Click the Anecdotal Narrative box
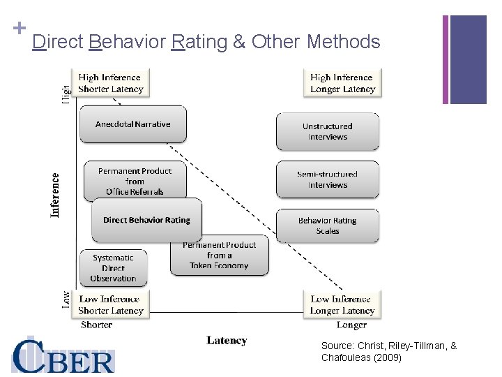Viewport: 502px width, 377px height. pos(133,124)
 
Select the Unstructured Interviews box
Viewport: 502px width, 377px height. pos(328,132)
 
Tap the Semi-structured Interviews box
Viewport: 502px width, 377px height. pos(328,179)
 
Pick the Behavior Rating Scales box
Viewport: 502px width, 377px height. pos(328,226)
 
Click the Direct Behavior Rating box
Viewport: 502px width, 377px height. pos(146,220)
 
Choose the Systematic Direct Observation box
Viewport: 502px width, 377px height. pos(113,268)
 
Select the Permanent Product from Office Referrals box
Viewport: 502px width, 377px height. pos(135,181)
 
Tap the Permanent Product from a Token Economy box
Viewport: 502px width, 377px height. pos(219,256)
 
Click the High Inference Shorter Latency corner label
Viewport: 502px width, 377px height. pos(111,83)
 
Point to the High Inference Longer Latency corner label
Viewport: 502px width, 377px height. pos(342,83)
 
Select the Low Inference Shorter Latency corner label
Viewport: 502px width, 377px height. pos(111,305)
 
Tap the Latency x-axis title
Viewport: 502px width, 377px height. pos(227,341)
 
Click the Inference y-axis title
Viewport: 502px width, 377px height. pos(55,195)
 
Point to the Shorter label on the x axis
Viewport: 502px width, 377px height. pos(96,325)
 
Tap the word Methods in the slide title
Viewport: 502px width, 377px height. pos(343,42)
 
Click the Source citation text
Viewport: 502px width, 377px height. pos(389,352)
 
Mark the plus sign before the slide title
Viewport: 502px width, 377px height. pos(20,29)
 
